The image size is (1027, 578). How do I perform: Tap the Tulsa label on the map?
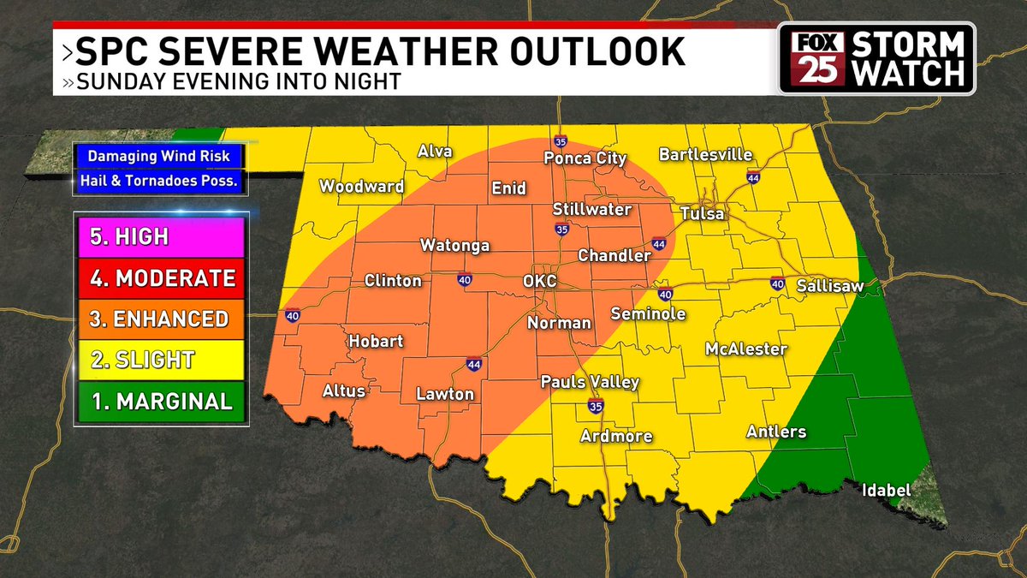point(702,213)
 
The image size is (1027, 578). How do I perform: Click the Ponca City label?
point(586,158)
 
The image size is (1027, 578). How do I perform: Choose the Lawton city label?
point(444,394)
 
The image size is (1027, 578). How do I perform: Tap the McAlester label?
point(745,349)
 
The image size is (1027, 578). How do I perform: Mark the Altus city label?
point(343,390)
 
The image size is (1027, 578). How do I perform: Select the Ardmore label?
point(616,436)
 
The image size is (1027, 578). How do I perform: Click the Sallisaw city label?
point(829,286)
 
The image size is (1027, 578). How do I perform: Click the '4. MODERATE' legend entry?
point(160,278)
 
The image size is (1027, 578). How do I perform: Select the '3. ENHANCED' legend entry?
point(160,319)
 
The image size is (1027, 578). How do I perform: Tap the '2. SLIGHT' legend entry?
point(160,360)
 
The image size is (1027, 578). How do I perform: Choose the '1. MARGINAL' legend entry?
point(160,401)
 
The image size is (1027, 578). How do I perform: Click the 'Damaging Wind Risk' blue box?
point(160,158)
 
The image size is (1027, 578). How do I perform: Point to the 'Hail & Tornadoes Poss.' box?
point(160,181)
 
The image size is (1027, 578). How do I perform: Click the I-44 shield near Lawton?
point(473,366)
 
